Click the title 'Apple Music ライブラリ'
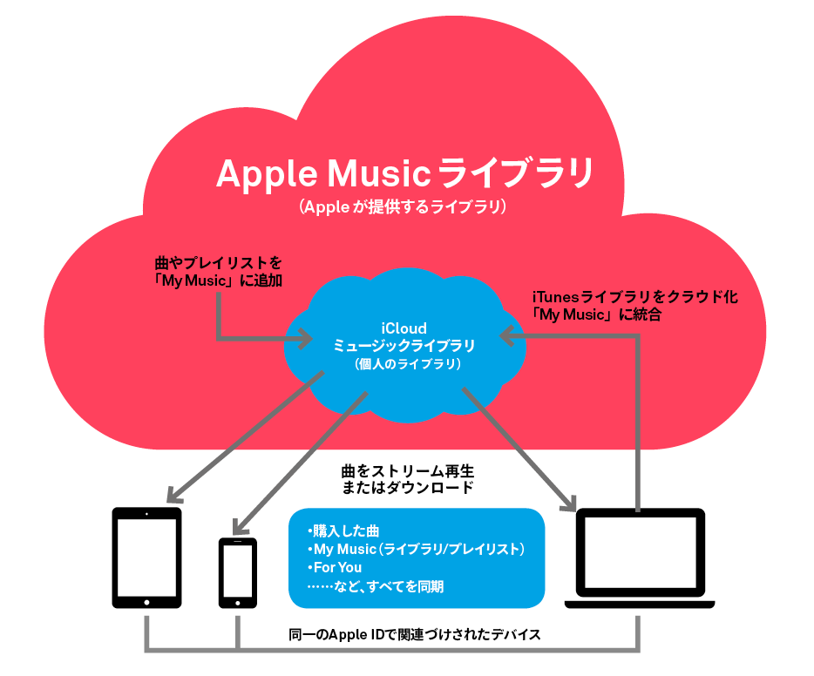tap(404, 173)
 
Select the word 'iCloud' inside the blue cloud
tap(404, 328)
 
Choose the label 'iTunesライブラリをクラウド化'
tap(634, 296)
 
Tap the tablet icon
tap(146, 558)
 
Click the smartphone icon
tap(237, 572)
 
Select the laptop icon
tap(640, 558)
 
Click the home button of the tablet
tap(146, 601)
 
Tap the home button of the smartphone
tap(237, 601)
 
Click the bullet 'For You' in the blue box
tap(336, 568)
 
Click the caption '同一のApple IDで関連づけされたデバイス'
tap(414, 634)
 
